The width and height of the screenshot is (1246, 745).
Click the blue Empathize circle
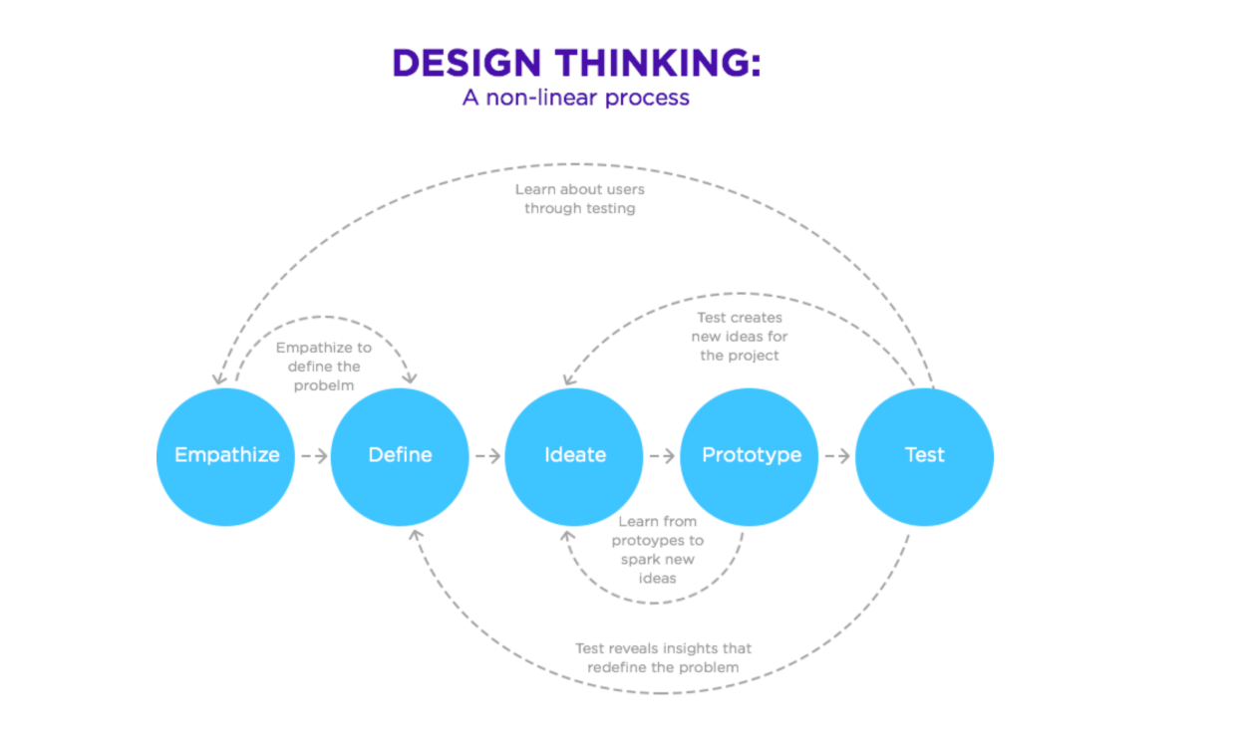[226, 456]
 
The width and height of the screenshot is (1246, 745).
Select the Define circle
[400, 456]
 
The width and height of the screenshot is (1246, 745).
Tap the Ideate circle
[574, 456]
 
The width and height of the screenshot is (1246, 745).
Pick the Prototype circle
[750, 456]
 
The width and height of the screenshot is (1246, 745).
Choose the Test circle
[924, 456]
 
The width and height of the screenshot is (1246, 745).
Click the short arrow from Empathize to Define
[313, 456]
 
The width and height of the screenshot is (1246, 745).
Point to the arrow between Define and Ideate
[487, 456]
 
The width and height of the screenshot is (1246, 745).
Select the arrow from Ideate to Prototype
[662, 456]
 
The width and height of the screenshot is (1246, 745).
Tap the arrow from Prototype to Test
[837, 456]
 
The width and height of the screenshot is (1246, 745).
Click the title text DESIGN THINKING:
[576, 63]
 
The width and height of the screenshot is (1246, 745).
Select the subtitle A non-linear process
[576, 98]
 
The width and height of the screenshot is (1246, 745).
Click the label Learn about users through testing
[579, 198]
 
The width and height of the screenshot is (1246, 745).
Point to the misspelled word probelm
[324, 385]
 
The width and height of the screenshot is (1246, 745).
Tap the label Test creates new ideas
[739, 337]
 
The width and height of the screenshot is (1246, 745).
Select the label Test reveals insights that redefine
[663, 657]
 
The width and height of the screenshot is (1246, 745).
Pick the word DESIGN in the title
[467, 63]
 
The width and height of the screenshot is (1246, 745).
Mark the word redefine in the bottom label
[618, 667]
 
